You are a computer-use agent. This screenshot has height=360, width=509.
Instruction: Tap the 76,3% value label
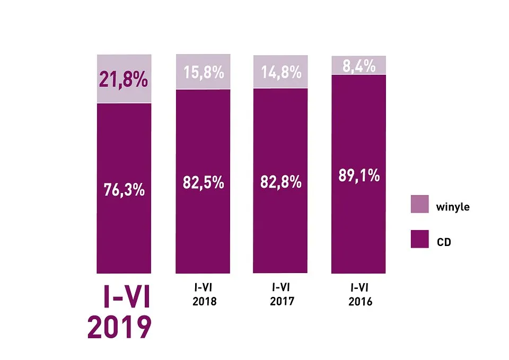click(124, 189)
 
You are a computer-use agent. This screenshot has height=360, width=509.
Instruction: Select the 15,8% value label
click(203, 72)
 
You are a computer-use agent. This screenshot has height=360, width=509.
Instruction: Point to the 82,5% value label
click(203, 183)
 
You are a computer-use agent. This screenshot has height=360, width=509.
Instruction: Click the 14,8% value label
click(280, 71)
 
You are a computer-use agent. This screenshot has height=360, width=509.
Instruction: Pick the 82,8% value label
click(280, 182)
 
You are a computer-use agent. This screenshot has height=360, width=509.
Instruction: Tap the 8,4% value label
click(358, 66)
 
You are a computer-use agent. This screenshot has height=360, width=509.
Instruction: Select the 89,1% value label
click(358, 175)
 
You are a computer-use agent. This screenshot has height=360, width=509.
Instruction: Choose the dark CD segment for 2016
click(358, 223)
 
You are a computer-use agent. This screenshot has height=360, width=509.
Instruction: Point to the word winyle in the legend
click(452, 207)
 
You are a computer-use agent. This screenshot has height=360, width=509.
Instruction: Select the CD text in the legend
click(444, 242)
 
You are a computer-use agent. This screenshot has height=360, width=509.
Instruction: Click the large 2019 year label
click(119, 327)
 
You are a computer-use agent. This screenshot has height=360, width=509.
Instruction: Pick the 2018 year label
click(203, 302)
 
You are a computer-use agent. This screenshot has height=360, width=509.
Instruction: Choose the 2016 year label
click(361, 302)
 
